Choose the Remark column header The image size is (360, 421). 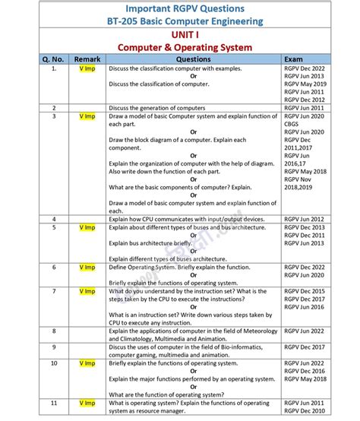[87, 59]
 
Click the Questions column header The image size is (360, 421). [193, 59]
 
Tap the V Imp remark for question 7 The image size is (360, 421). [87, 291]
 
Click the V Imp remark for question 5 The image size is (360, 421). [87, 226]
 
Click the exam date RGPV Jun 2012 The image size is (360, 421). [305, 218]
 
